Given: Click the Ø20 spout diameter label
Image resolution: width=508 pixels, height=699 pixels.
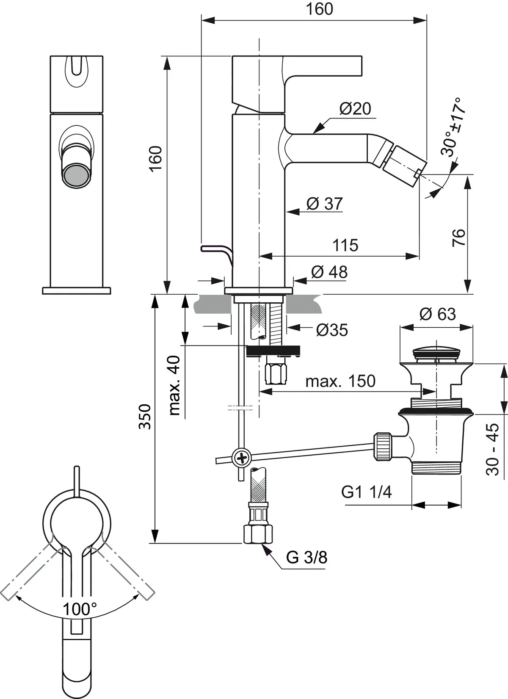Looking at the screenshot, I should coord(355,109).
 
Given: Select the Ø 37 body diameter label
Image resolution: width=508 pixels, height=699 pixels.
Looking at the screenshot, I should coord(324,204).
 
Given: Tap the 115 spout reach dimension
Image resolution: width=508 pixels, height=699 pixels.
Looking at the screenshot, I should coord(345,245).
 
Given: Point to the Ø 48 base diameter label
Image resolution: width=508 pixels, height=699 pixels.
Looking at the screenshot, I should coord(329,272).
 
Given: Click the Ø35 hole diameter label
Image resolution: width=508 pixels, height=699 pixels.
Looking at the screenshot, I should coord(332,330).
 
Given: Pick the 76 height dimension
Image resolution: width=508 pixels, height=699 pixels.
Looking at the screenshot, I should coord(458,237).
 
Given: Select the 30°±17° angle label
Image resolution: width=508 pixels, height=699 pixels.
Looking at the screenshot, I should coord(453,127).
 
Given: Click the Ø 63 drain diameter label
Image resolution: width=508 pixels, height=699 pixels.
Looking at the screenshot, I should coord(437,314).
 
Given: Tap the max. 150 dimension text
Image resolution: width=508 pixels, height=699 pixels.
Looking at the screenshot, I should coord(340,381).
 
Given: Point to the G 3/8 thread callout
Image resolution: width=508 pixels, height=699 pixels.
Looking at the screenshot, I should coord(306,557).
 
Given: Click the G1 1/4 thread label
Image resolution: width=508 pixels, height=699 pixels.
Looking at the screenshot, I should coord(367,492).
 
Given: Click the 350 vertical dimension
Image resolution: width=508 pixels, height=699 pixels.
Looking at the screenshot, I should coord(145,417).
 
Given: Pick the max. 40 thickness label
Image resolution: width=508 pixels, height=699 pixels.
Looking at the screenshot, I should coord(174,385).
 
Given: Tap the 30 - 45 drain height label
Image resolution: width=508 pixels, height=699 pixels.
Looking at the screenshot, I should coord(493,450).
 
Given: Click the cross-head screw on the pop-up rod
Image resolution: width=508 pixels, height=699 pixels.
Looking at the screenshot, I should coord(242,458).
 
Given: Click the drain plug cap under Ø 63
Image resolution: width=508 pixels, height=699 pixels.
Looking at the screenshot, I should coord(436,352).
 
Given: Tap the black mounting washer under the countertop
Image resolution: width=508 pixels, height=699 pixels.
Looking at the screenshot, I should coord(274,351).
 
